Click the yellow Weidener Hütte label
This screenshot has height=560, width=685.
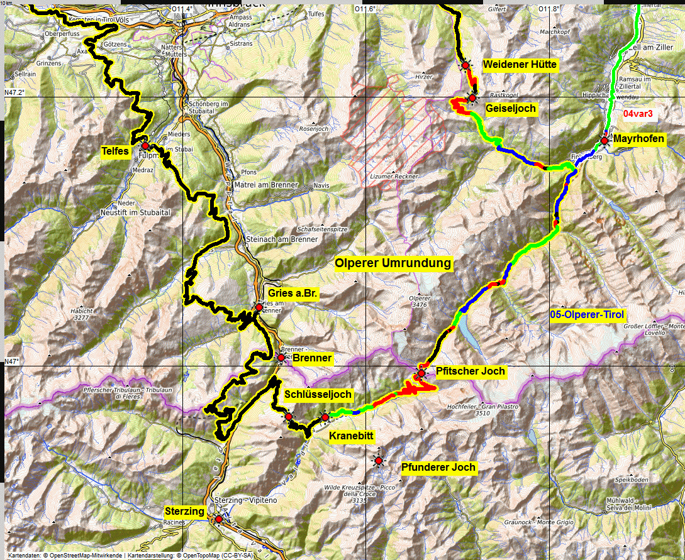(x=520, y=65)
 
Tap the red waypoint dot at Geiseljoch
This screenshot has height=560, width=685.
(x=472, y=98)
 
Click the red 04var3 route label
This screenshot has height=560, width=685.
(x=638, y=114)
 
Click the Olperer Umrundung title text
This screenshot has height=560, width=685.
(x=393, y=263)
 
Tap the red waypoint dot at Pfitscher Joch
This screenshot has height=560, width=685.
(x=421, y=374)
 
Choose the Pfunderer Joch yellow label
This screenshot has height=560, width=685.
(x=439, y=467)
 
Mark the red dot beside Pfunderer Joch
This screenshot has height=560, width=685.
(x=379, y=461)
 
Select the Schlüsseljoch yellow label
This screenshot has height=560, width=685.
(x=318, y=394)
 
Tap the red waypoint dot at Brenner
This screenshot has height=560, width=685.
(x=281, y=358)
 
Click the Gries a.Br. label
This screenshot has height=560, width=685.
(x=292, y=294)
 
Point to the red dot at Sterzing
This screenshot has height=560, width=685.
(x=218, y=519)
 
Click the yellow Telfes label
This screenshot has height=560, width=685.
(x=114, y=151)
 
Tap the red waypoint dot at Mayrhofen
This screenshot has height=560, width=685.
(x=604, y=141)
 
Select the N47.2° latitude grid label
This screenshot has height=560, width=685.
(x=14, y=92)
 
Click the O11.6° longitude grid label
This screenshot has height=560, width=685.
(x=365, y=9)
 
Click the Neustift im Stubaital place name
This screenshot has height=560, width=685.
(x=135, y=213)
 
